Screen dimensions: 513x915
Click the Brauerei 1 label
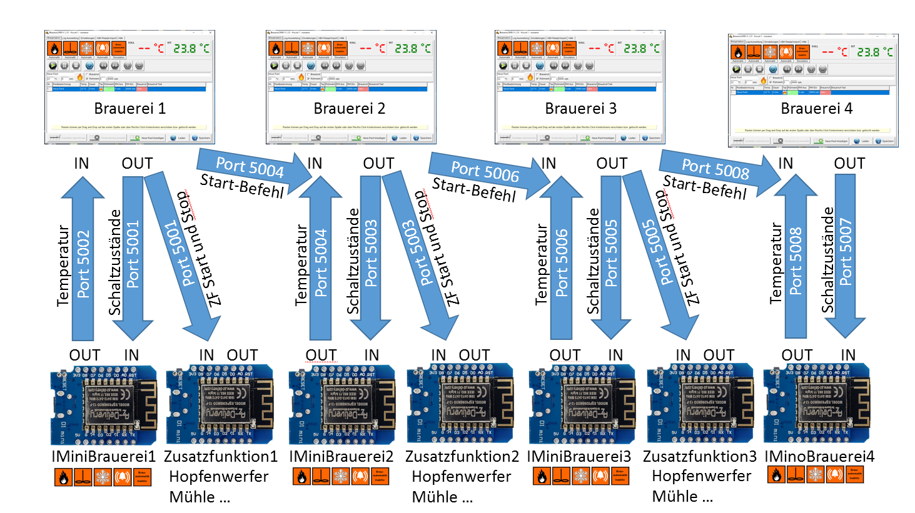[129, 109]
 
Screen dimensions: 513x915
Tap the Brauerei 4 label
[816, 109]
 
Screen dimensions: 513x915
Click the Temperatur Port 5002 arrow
[83, 262]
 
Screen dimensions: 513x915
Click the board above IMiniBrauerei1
[104, 405]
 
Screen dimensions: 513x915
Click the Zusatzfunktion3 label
[699, 457]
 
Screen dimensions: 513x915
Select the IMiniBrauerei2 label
[341, 457]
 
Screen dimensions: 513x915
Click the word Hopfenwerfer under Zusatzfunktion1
[219, 477]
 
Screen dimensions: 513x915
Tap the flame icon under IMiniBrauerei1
[63, 477]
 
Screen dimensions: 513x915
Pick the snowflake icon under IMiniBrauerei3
[581, 476]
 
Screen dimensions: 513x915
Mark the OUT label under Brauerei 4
[849, 164]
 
